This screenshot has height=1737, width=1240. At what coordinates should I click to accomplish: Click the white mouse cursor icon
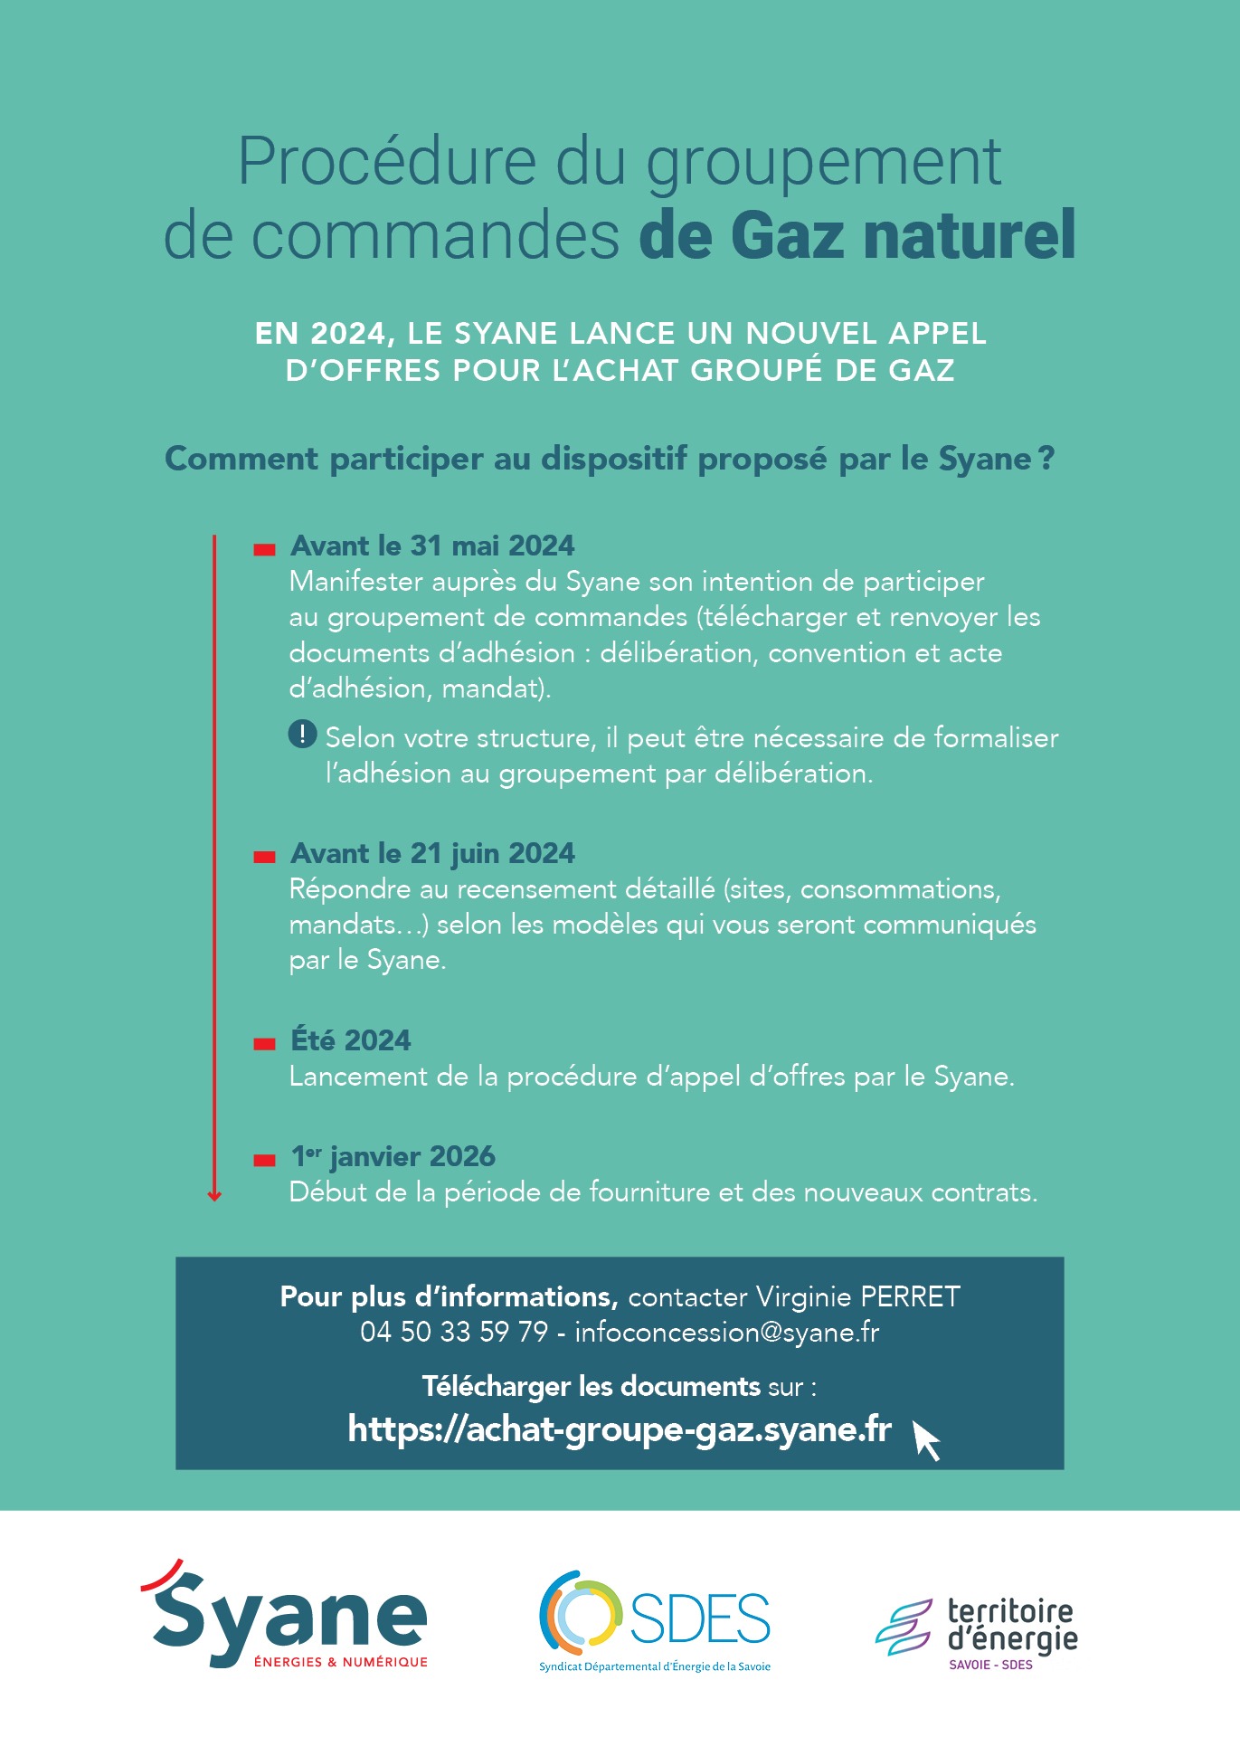(926, 1438)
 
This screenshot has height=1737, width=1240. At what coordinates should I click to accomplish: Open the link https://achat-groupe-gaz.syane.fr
(620, 1429)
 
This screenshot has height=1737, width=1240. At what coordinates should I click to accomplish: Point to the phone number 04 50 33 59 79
(454, 1333)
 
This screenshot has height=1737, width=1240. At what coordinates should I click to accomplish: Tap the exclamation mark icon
(302, 734)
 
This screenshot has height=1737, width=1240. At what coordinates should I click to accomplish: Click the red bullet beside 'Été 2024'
(264, 1043)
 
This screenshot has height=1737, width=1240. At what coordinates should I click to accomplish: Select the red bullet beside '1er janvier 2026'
(264, 1160)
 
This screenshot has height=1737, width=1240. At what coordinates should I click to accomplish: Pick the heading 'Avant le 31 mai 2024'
(432, 546)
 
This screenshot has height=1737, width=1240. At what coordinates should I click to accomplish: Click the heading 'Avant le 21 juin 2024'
(432, 853)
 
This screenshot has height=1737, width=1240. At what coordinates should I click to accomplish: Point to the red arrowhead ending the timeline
(214, 1196)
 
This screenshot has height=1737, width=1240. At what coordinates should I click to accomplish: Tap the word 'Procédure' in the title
(387, 162)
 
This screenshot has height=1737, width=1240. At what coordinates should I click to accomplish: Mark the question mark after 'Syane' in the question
(1046, 459)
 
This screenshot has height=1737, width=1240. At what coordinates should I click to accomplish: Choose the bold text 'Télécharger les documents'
(591, 1386)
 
